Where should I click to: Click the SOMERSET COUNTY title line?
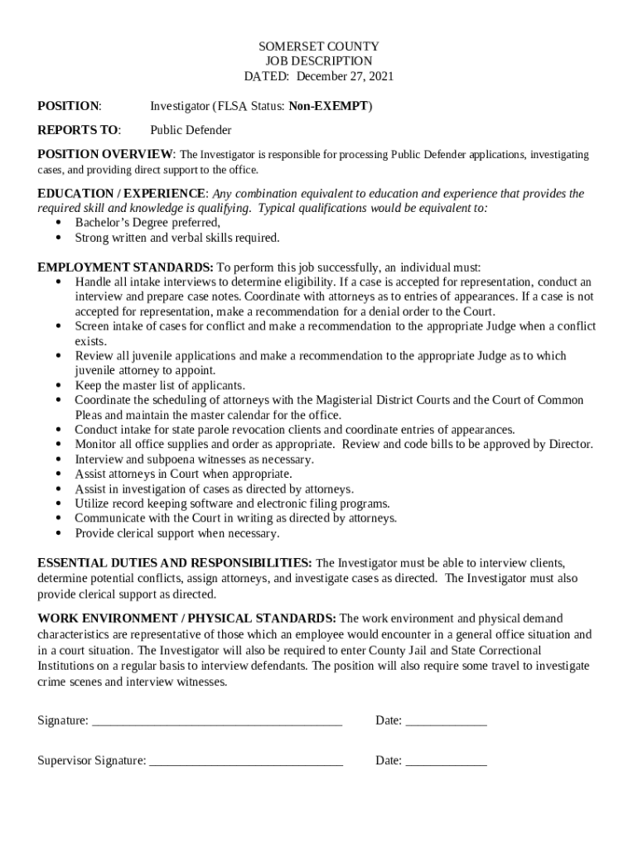click(x=318, y=46)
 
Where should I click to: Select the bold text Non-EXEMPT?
click(x=330, y=106)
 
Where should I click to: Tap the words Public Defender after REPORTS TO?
click(x=191, y=130)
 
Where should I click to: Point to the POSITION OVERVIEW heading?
click(x=105, y=154)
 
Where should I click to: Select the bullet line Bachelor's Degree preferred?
click(x=147, y=223)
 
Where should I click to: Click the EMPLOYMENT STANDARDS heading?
click(x=125, y=267)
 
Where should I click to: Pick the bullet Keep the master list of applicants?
click(x=160, y=385)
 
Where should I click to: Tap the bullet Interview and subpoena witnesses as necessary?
click(x=194, y=459)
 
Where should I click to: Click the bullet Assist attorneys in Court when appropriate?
click(x=183, y=474)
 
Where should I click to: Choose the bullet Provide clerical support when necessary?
click(x=176, y=533)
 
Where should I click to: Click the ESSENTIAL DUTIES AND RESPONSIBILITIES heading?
click(x=174, y=563)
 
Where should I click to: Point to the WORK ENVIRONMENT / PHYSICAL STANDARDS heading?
click(x=186, y=618)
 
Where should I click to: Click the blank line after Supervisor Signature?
click(x=246, y=761)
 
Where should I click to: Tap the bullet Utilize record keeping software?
click(x=232, y=503)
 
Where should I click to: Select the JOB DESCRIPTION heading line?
click(x=318, y=61)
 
